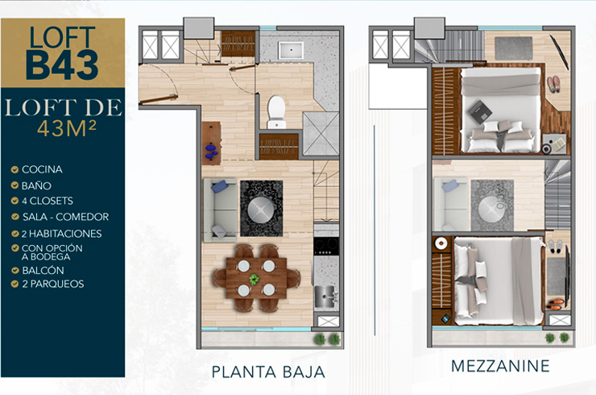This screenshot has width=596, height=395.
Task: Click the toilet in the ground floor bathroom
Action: click(276, 112)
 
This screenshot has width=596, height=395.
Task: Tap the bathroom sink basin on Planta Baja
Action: click(291, 50)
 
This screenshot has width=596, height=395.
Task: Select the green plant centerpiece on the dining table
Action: click(254, 279)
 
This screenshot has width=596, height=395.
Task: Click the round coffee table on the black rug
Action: click(261, 209)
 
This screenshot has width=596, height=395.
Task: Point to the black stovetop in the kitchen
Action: click(326, 246)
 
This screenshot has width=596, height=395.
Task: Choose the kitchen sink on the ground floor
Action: click(325, 296)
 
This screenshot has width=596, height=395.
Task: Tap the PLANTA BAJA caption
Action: click(268, 372)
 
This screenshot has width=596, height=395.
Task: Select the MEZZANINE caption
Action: click(500, 366)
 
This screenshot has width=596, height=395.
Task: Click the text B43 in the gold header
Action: click(62, 65)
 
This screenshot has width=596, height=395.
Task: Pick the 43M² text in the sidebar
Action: click(67, 128)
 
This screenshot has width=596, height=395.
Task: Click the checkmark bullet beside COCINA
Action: click(14, 169)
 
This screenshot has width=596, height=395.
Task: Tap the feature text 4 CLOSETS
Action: click(48, 201)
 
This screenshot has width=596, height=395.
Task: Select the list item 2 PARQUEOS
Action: click(53, 284)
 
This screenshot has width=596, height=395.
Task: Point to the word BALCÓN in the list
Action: click(43, 270)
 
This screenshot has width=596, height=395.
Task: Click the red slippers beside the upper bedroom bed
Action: click(553, 84)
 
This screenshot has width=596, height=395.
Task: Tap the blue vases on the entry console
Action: click(211, 151)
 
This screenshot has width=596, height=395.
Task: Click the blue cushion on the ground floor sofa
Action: click(220, 186)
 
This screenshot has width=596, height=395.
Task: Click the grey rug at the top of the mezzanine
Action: click(514, 48)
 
